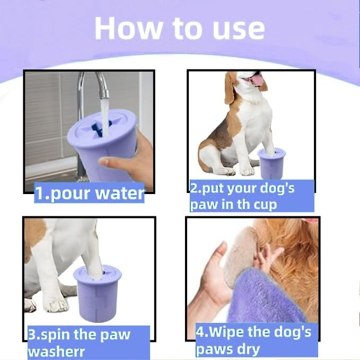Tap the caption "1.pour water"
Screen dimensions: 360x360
(x=89, y=194)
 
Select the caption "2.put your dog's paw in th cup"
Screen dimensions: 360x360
(x=249, y=196)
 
